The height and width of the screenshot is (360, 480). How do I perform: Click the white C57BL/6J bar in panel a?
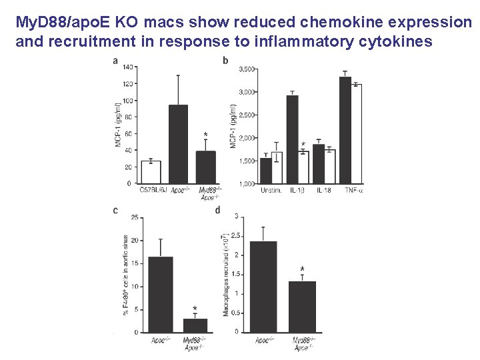point(151,172)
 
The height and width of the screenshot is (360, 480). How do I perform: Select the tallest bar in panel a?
point(178,144)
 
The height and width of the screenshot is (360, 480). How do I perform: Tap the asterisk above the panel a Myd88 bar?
point(205,135)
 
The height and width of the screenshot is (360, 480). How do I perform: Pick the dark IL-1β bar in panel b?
point(291,139)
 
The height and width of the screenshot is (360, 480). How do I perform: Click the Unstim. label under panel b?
point(271,191)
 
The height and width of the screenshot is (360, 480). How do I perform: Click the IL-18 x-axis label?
point(323,191)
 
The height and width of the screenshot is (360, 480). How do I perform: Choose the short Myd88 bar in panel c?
point(195,325)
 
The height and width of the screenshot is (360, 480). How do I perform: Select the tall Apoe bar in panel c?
point(161,294)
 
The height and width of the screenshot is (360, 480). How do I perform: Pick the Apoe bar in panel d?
point(263,287)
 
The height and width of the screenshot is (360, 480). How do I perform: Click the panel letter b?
point(225,61)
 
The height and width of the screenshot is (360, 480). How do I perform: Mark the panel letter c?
point(116,211)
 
